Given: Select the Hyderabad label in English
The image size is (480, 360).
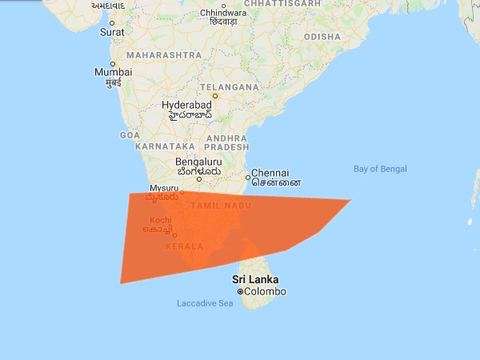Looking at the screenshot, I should click(186, 105).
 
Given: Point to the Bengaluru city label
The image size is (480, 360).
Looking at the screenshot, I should click(199, 161).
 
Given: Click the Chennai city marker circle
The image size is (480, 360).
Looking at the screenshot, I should click(247, 174).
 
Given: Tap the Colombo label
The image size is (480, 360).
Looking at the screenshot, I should click(265, 292).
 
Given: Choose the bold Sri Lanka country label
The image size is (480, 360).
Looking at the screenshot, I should click(255, 279).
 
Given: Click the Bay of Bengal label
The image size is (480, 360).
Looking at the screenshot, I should click(380, 169).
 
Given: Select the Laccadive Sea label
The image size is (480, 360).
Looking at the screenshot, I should click(204, 303).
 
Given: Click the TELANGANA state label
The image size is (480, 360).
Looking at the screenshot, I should click(230, 86).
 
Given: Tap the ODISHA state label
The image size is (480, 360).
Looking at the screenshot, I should click(322, 37).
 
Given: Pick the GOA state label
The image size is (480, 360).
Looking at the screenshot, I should click(130, 136).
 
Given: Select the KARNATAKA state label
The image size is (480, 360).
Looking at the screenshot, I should click(166, 147).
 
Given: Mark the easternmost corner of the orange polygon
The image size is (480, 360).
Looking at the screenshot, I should click(350, 200).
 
